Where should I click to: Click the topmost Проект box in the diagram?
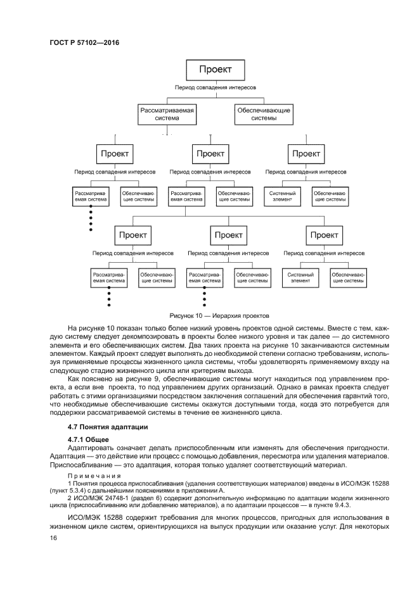click(216, 70)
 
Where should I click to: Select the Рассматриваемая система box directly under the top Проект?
click(167, 114)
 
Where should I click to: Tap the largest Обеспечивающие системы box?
click(264, 114)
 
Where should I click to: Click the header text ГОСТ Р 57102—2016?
click(84, 42)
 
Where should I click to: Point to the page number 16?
click(54, 538)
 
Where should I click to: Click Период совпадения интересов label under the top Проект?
click(216, 86)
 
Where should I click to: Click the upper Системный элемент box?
click(283, 196)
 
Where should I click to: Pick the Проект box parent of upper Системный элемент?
click(306, 153)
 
